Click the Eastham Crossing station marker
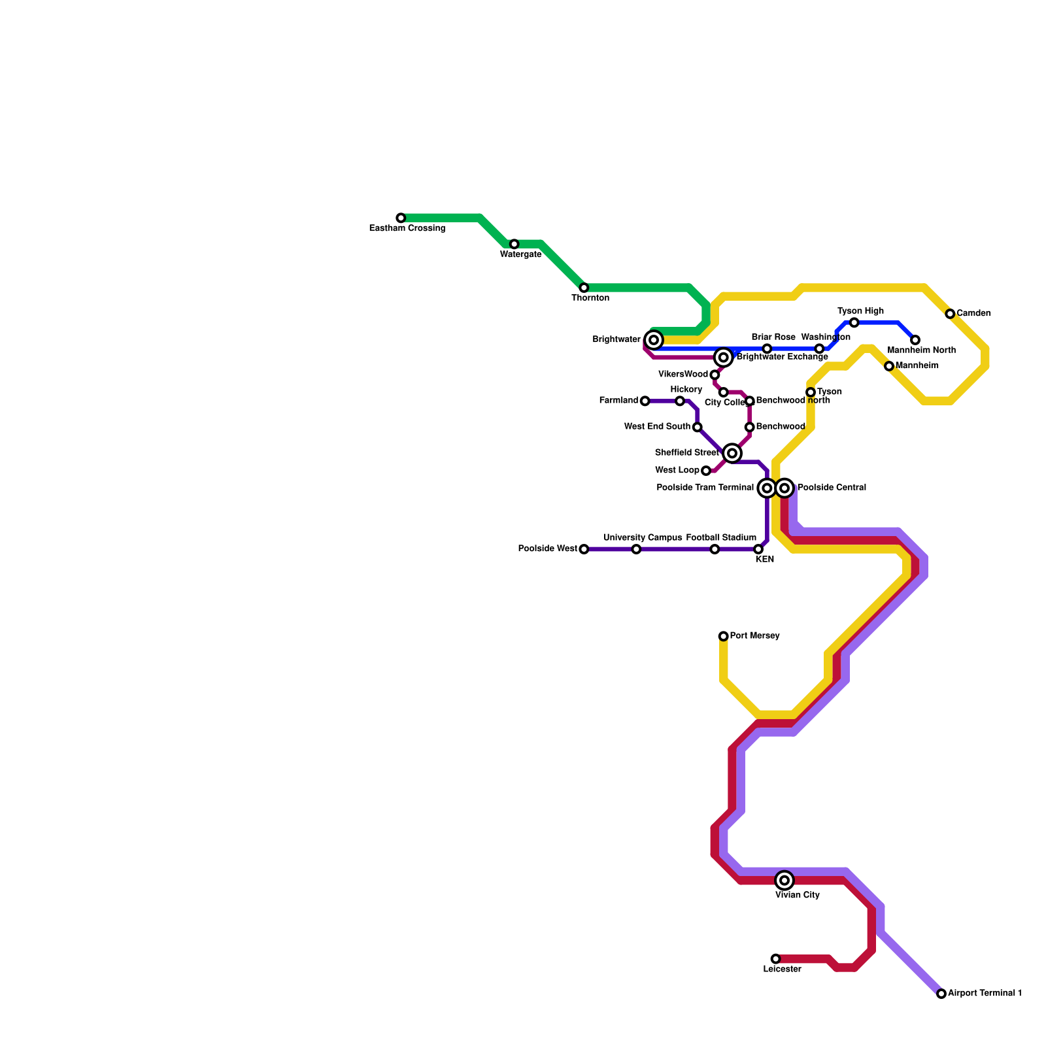pos(401,218)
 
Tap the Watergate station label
pos(520,254)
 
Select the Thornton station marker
pos(584,288)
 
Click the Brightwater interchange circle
pos(654,340)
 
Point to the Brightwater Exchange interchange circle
pos(723,357)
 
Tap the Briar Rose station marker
pos(767,348)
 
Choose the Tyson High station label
pos(860,311)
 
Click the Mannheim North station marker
pos(915,340)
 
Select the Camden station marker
pos(950,314)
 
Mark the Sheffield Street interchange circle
pos(732,453)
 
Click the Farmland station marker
pos(645,401)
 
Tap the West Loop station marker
pos(706,471)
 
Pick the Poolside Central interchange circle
pos(785,488)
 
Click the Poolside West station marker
pos(584,549)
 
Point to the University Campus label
pos(642,538)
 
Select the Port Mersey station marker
pos(723,636)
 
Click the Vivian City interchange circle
pos(785,880)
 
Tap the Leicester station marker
pos(775,959)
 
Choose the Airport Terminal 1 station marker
pos(941,994)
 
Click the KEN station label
pos(764,560)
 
